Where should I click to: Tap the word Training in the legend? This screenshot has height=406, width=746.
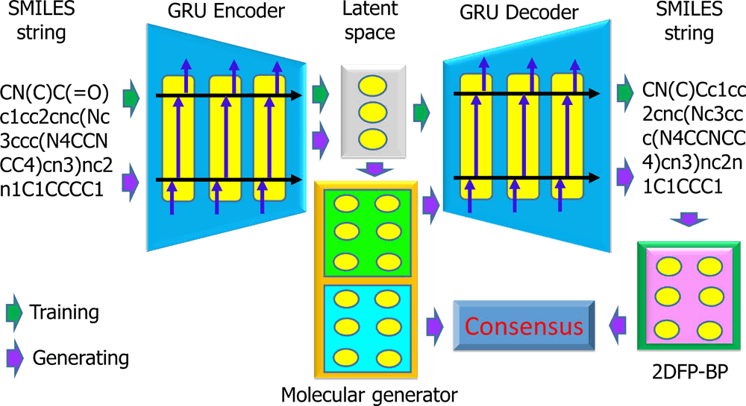[64, 311]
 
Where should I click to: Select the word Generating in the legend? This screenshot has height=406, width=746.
[81, 358]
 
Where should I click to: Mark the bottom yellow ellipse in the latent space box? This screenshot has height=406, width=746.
[366, 139]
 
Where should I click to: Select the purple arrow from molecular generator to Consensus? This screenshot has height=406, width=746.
[436, 326]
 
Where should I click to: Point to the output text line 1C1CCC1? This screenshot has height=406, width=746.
[681, 188]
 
